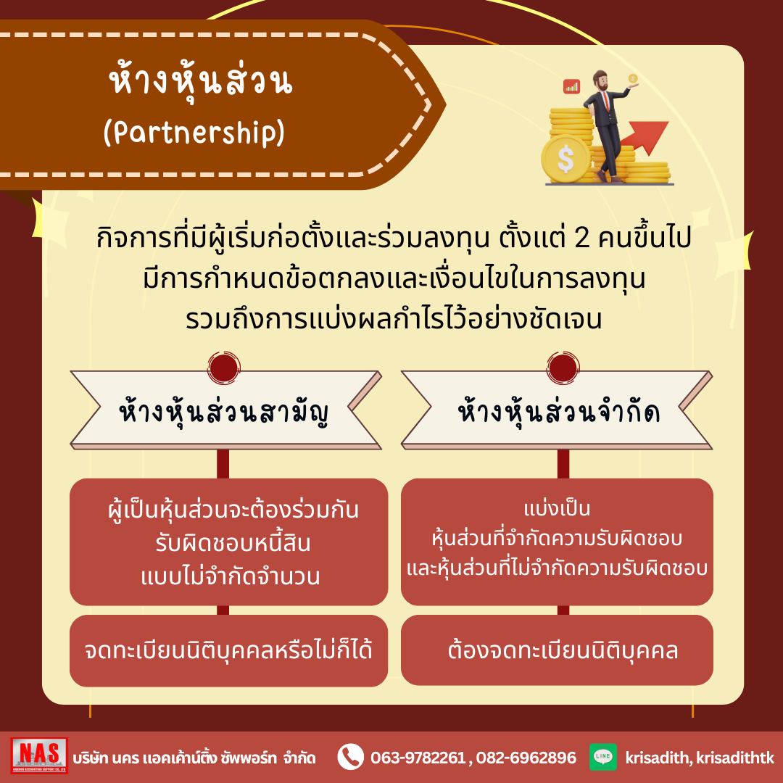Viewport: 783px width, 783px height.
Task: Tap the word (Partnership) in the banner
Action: pyautogui.click(x=194, y=133)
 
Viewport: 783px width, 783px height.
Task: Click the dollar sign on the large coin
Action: pyautogui.click(x=565, y=159)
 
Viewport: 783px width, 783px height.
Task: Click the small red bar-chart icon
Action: pyautogui.click(x=571, y=86)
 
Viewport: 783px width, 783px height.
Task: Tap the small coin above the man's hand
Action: pyautogui.click(x=633, y=78)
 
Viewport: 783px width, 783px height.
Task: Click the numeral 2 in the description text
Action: pyautogui.click(x=582, y=239)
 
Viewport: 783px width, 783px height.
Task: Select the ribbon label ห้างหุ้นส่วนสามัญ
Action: pyautogui.click(x=224, y=413)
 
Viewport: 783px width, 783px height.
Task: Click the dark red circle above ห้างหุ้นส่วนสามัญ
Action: pyautogui.click(x=224, y=368)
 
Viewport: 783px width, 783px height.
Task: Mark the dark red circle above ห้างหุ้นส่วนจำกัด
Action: pyautogui.click(x=563, y=368)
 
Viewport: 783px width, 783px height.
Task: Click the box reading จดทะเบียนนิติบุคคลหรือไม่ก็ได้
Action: pyautogui.click(x=228, y=650)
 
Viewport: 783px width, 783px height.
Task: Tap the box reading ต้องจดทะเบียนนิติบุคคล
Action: pyautogui.click(x=557, y=650)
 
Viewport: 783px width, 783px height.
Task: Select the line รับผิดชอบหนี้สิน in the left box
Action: pyautogui.click(x=233, y=543)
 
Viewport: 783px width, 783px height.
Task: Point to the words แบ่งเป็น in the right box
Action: pyautogui.click(x=558, y=509)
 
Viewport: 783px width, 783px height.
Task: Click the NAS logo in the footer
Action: pyautogui.click(x=39, y=755)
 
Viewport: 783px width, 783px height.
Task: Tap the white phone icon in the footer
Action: pyautogui.click(x=351, y=757)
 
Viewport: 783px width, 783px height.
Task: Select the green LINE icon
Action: pyautogui.click(x=602, y=756)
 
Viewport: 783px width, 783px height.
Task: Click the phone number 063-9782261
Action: pyautogui.click(x=418, y=758)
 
